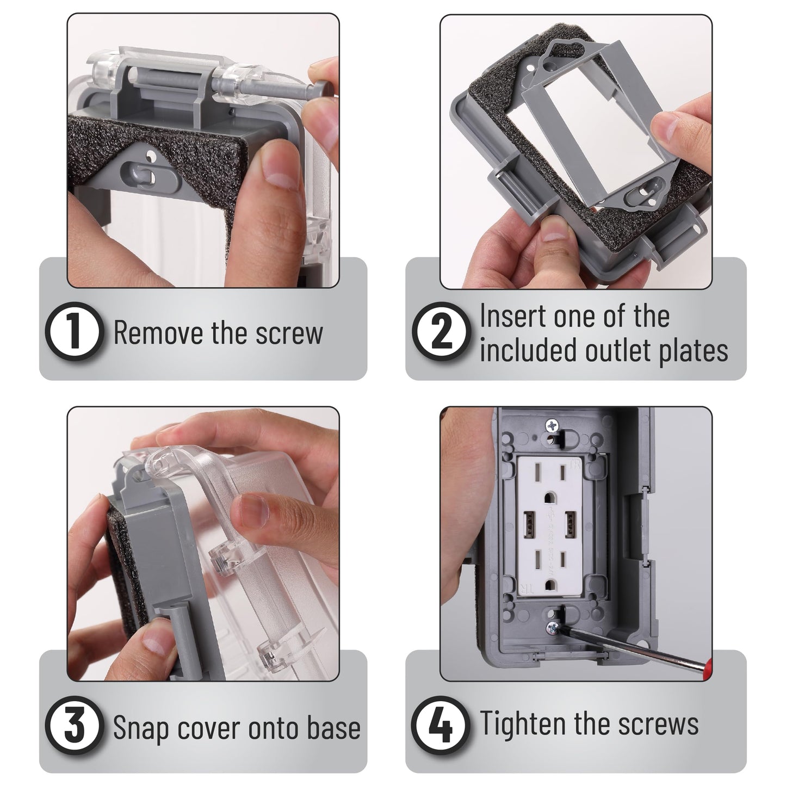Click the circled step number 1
[73, 333]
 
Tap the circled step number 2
[440, 333]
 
